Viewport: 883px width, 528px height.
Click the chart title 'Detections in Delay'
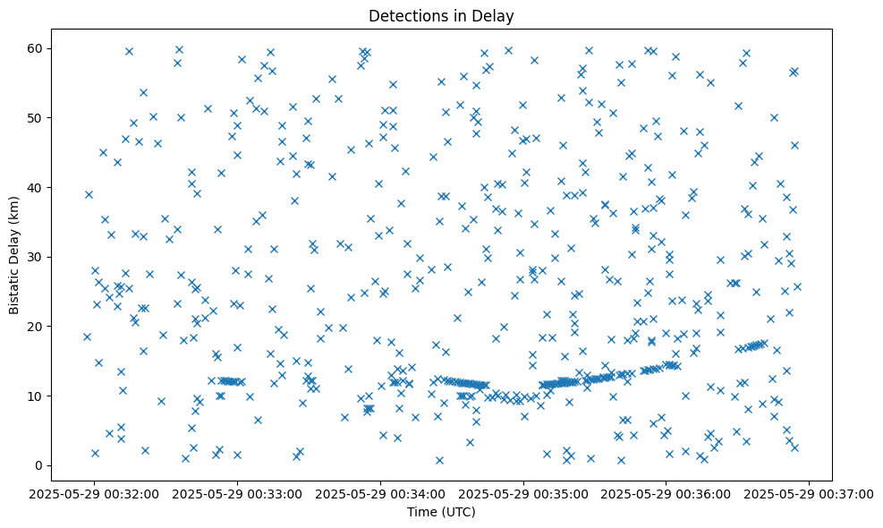(441, 15)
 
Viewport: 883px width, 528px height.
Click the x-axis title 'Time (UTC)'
(441, 512)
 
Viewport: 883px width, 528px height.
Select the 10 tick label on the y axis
(37, 396)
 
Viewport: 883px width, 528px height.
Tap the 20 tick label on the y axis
(37, 327)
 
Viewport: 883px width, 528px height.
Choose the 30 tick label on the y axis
(37, 257)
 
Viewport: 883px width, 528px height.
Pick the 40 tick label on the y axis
(37, 187)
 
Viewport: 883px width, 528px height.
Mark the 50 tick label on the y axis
(37, 117)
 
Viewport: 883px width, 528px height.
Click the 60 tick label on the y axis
(37, 48)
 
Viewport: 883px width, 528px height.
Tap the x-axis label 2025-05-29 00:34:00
(381, 492)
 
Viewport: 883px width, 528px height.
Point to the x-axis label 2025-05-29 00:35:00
(524, 492)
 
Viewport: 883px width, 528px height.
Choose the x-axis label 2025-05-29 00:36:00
(666, 492)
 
